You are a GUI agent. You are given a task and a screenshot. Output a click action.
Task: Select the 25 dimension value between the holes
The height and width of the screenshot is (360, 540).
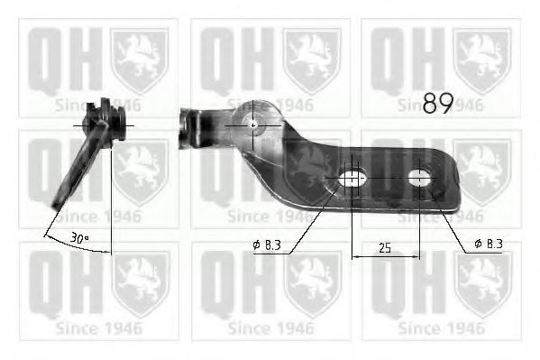coord(386,246)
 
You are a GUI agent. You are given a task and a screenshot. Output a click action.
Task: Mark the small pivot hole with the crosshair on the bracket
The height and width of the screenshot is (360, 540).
coord(253,125)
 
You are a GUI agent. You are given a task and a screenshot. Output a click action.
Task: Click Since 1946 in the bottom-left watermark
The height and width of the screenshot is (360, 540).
coord(96,328)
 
